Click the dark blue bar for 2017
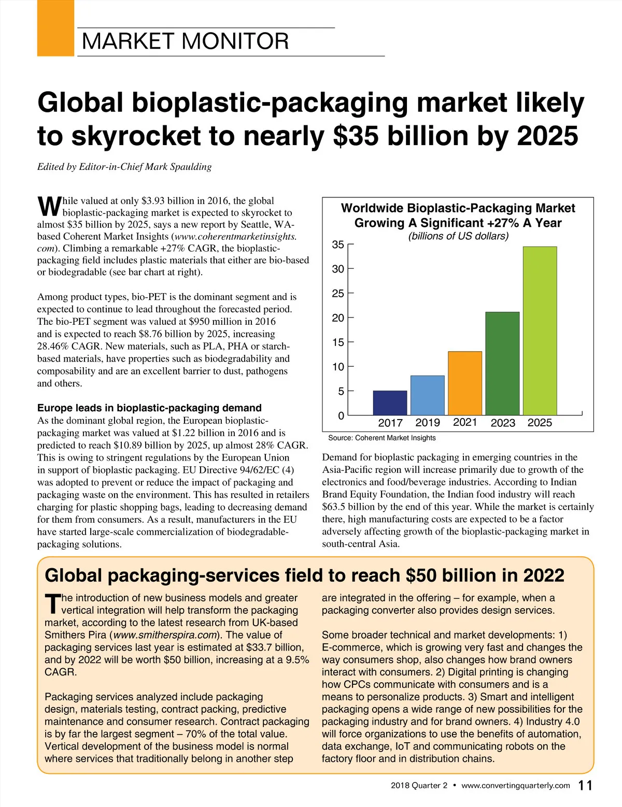[390, 403]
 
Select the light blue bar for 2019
[427, 395]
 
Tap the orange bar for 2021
[465, 383]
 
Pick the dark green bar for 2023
[502, 363]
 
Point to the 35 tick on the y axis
[338, 244]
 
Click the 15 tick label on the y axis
[338, 342]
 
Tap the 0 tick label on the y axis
[341, 416]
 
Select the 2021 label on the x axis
[465, 422]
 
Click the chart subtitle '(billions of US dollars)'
[458, 236]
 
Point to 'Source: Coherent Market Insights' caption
[382, 438]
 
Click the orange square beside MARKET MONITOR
[55, 28]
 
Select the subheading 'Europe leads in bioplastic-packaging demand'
[149, 408]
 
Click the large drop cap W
[49, 207]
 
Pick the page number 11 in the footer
[585, 786]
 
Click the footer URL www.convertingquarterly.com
[515, 786]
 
